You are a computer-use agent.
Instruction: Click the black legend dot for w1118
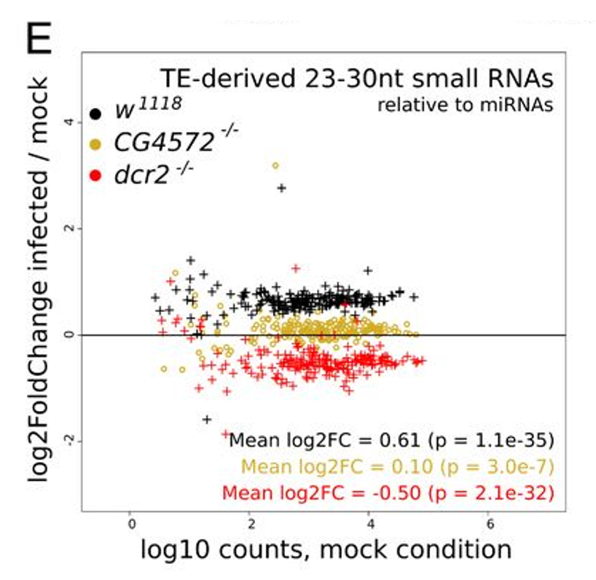click(95, 114)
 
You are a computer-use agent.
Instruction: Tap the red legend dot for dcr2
click(95, 176)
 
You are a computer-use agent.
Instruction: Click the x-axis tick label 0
click(130, 522)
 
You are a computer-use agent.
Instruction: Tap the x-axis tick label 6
click(490, 522)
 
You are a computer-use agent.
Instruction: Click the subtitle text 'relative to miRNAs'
click(465, 105)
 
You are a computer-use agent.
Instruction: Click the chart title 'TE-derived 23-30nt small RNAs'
click(357, 79)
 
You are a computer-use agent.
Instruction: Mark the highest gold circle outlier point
click(275, 165)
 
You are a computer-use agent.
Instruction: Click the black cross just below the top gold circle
click(281, 188)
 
